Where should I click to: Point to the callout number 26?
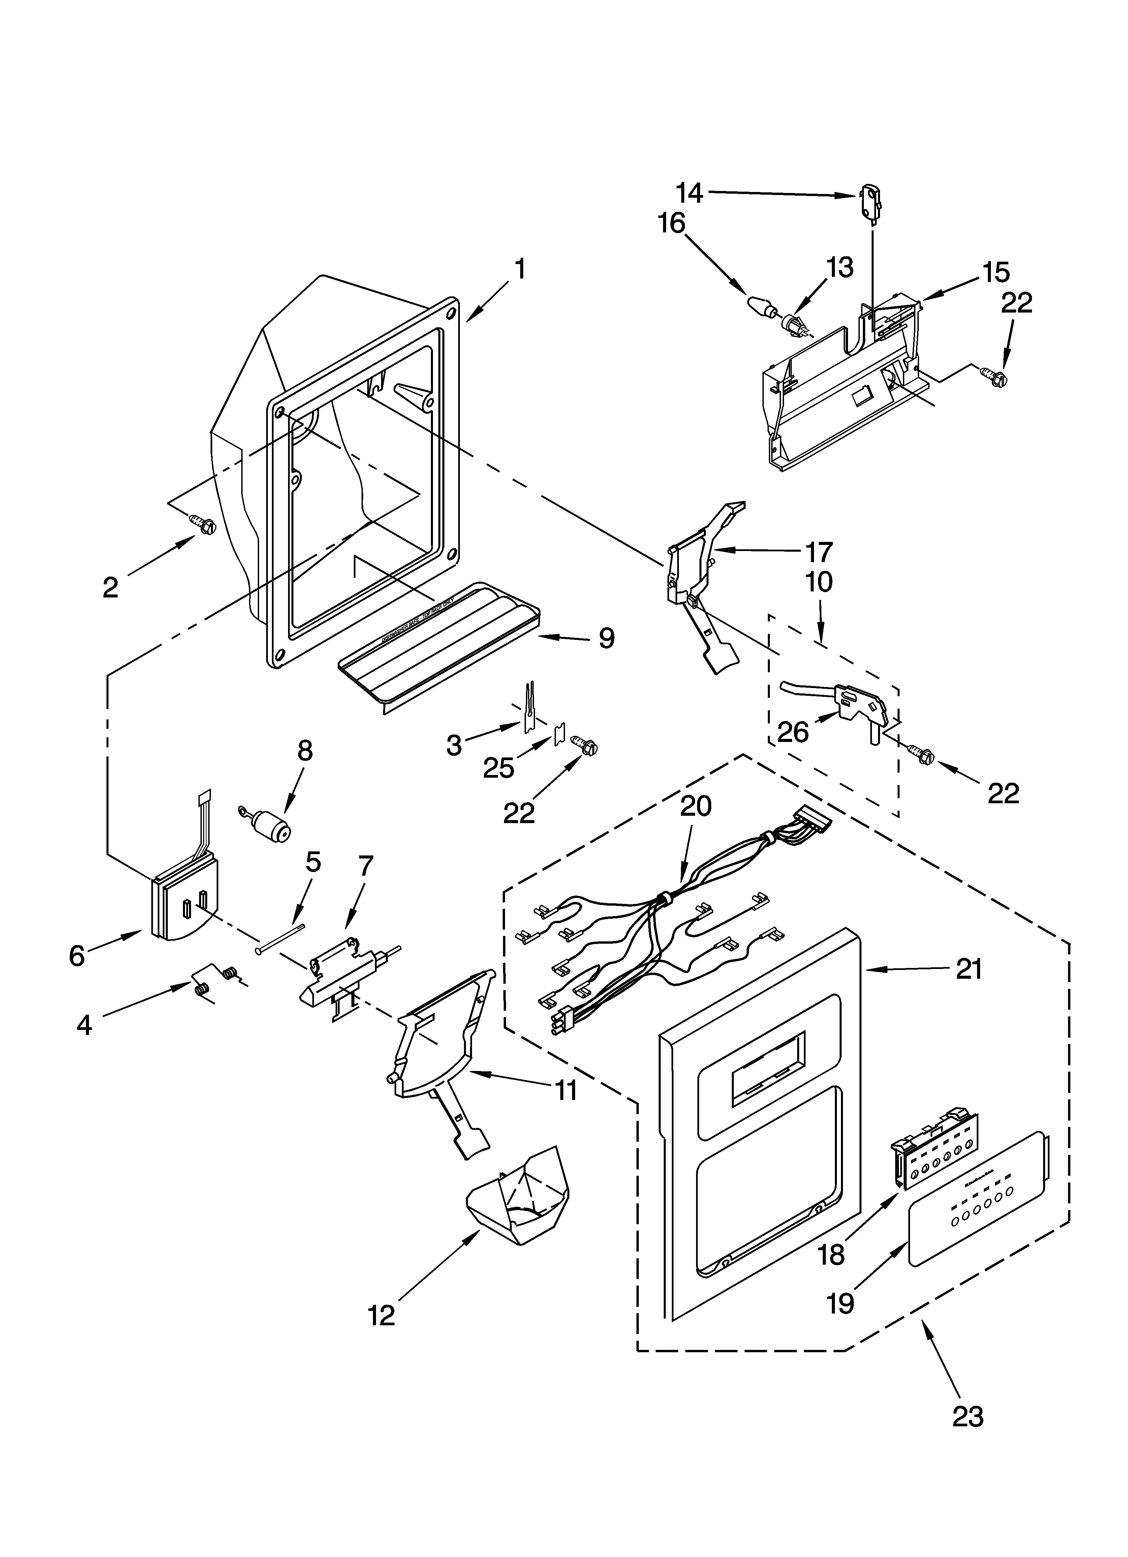pos(793,733)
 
